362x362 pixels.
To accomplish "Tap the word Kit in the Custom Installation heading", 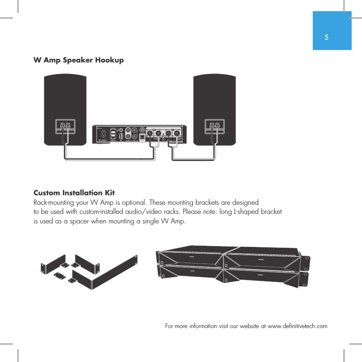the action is (110, 193).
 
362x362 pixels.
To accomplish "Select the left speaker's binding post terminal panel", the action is (65, 126).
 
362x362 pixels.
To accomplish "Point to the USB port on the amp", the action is (121, 136).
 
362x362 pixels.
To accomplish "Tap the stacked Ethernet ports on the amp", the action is (113, 135).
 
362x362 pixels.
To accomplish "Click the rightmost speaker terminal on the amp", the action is (177, 133).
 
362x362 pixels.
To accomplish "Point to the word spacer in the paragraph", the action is (78, 221).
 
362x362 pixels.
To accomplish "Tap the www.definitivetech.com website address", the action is (297, 326).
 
